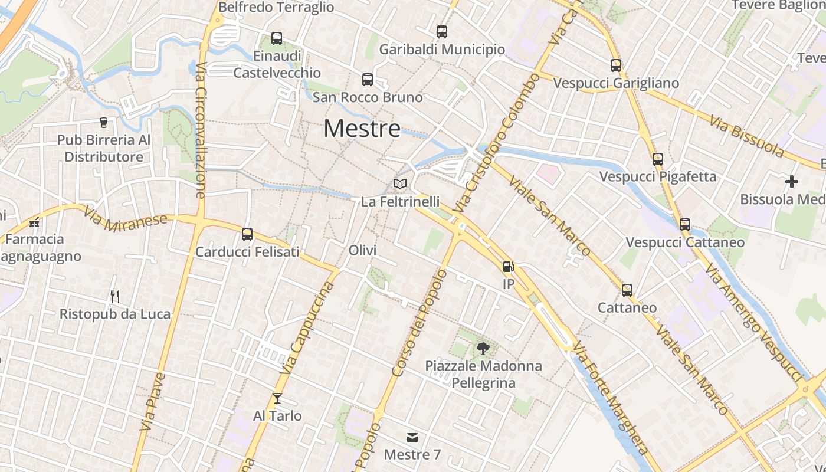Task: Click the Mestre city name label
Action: (x=362, y=129)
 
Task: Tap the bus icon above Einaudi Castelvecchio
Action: (x=277, y=38)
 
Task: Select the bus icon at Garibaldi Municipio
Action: (x=442, y=32)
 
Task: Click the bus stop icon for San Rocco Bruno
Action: (x=368, y=80)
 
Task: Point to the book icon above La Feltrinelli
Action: (x=400, y=184)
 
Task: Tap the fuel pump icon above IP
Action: (x=508, y=267)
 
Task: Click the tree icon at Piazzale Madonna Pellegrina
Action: (x=483, y=348)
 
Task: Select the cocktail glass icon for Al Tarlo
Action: (x=277, y=398)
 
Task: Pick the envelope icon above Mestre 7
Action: (x=412, y=437)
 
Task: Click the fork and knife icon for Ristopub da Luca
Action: (x=115, y=296)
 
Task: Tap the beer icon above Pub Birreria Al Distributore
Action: (x=104, y=123)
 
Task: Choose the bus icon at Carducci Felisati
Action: (x=247, y=234)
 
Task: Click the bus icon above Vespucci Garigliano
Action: (x=616, y=65)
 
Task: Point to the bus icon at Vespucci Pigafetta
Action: (x=658, y=159)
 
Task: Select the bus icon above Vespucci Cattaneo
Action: (x=685, y=225)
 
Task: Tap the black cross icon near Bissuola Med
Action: (x=792, y=182)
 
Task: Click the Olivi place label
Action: (x=362, y=250)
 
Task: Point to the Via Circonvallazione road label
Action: (x=200, y=130)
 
